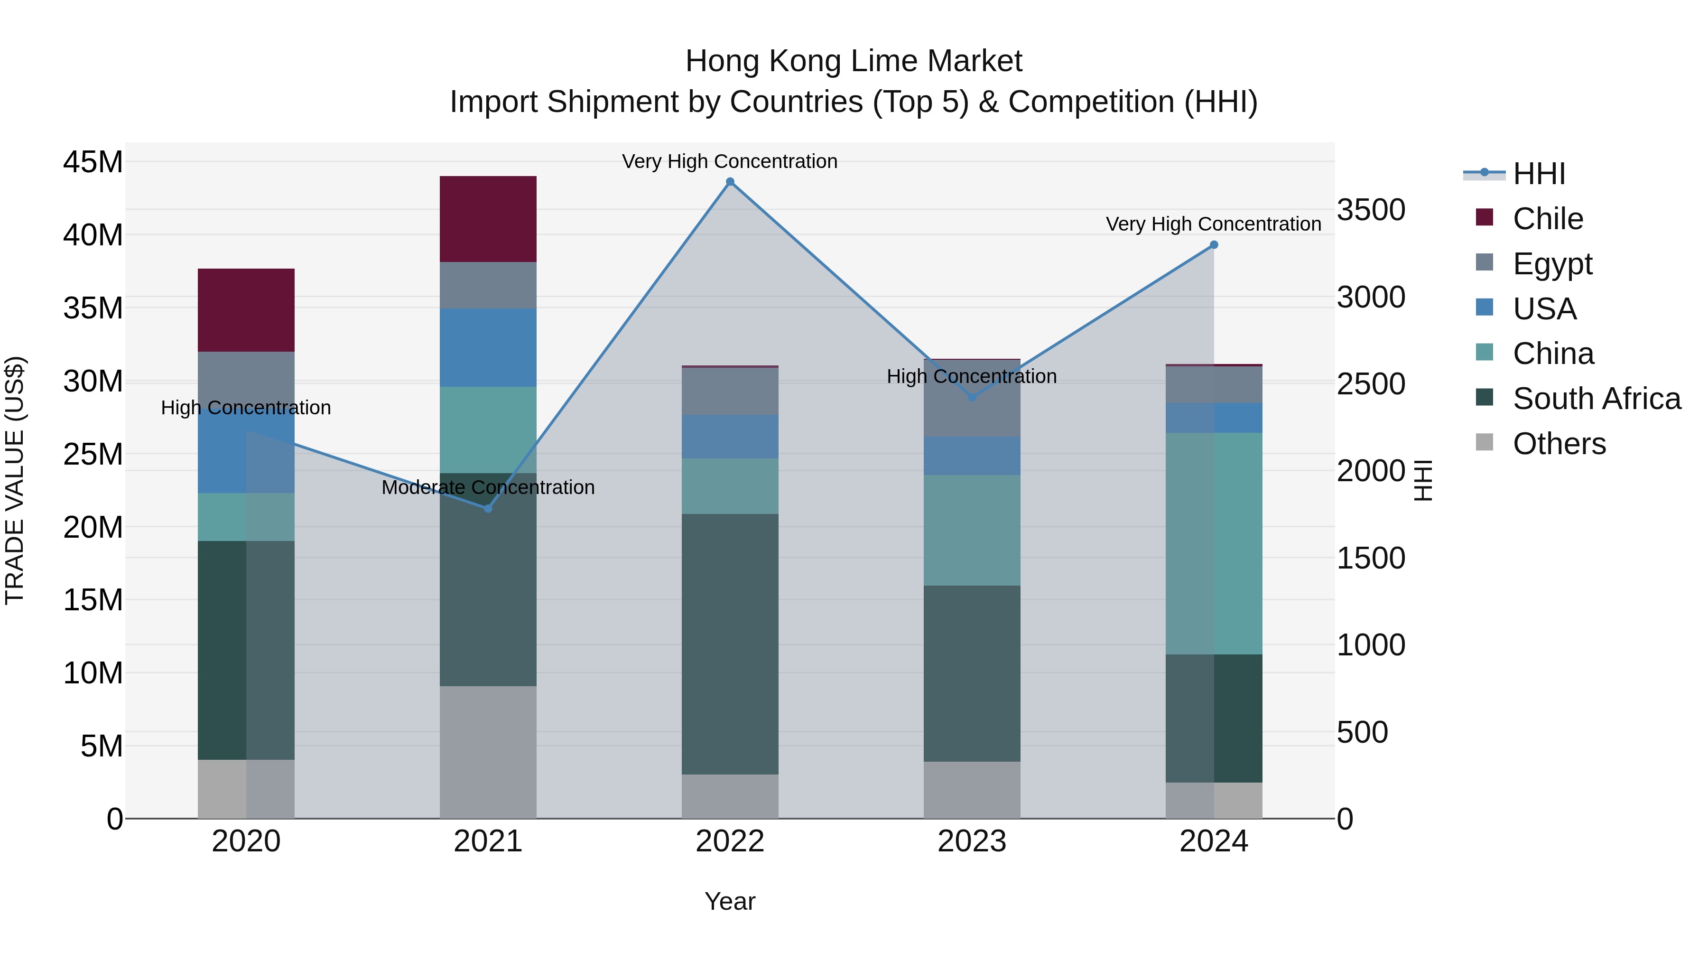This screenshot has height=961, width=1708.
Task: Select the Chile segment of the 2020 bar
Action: [x=246, y=310]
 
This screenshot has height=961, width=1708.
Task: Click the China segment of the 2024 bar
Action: [x=1214, y=543]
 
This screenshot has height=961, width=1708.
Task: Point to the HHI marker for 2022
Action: [x=730, y=182]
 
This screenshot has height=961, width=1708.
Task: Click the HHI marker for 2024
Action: [x=1214, y=245]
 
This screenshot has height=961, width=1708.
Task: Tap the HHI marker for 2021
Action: [x=488, y=509]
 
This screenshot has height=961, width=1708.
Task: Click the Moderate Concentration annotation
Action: [x=488, y=487]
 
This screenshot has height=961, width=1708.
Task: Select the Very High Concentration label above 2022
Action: [x=730, y=161]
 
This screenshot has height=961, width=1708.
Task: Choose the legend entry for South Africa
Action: [x=1597, y=399]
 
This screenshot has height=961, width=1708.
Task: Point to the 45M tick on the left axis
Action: [x=93, y=162]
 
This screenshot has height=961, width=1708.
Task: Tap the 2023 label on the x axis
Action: [x=972, y=841]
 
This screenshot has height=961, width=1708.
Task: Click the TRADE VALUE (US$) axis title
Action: [x=15, y=480]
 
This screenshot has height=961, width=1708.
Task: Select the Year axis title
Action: [x=730, y=901]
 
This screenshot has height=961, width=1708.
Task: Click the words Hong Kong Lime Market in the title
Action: [x=854, y=61]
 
